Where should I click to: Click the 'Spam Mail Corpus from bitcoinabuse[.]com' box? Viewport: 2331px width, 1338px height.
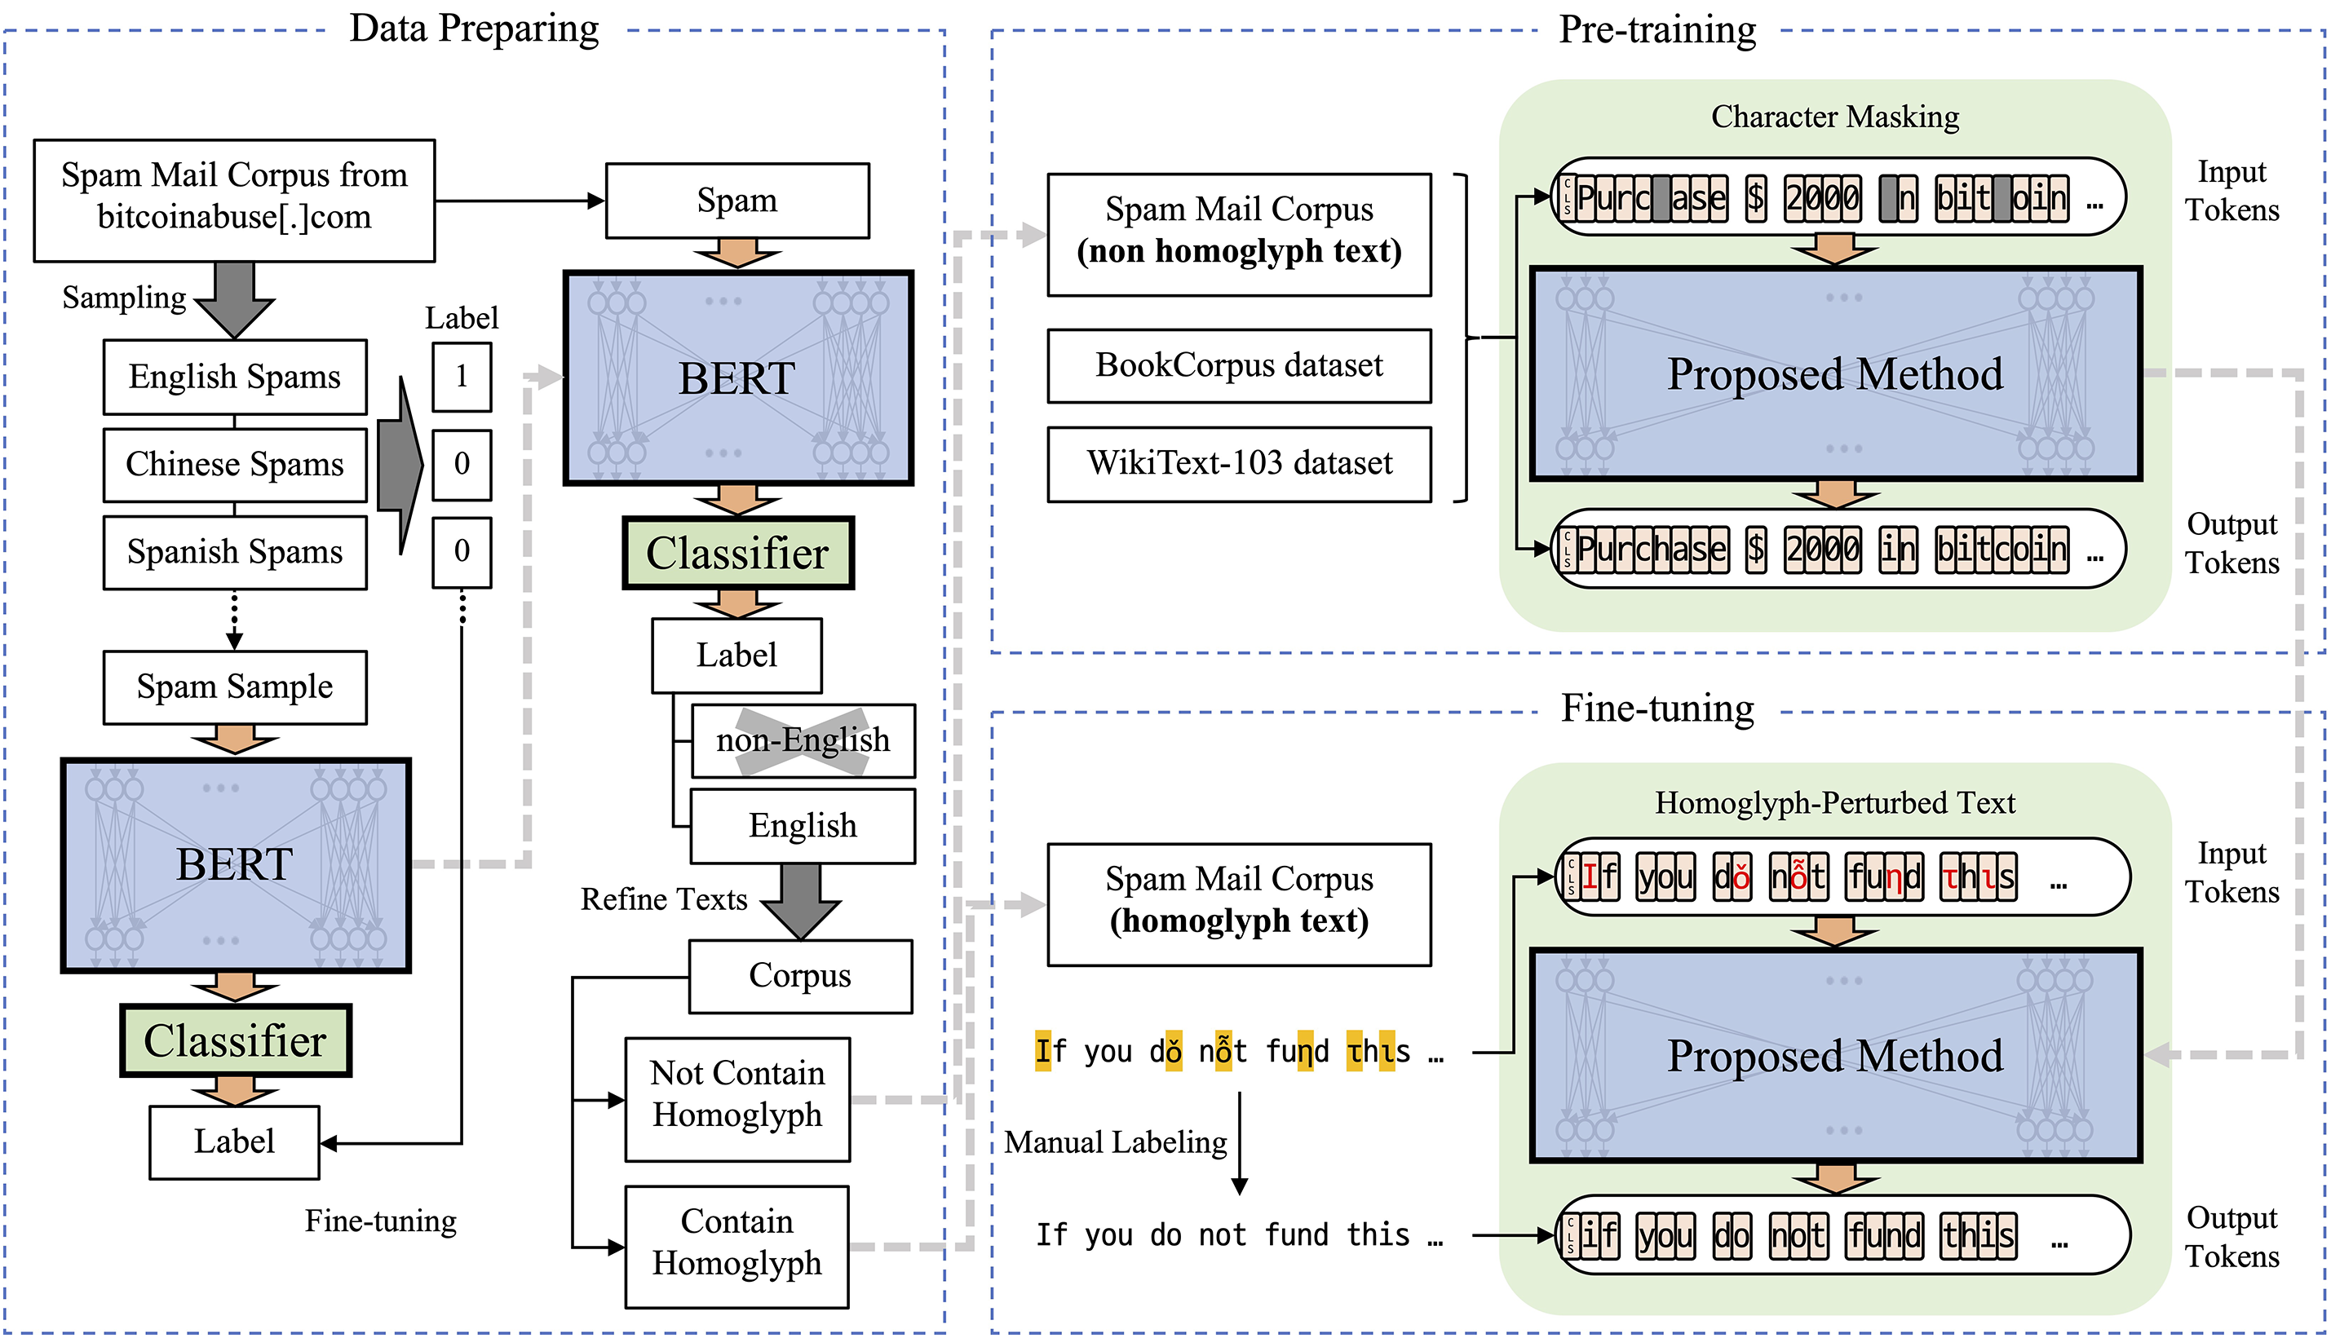point(234,201)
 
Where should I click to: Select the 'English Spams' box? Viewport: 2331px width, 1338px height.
point(234,377)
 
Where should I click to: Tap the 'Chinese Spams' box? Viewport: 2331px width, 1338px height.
point(234,464)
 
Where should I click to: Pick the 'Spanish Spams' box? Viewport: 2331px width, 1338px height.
point(234,551)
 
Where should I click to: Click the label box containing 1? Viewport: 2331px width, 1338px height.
point(462,377)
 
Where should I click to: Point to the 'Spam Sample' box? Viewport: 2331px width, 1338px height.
point(234,687)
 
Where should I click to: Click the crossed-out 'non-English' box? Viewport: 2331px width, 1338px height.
point(803,740)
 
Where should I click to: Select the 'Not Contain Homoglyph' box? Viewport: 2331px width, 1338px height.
point(737,1099)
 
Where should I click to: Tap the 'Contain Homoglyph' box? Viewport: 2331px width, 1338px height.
point(737,1246)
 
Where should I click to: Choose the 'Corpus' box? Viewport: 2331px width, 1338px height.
point(799,976)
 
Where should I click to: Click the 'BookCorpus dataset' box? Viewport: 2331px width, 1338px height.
point(1239,366)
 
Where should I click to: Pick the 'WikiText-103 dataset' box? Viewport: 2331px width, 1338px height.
point(1239,464)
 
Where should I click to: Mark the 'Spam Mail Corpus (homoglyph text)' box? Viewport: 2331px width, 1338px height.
point(1239,904)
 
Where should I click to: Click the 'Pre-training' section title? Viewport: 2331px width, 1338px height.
point(1657,29)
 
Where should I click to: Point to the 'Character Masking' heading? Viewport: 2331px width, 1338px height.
point(1834,117)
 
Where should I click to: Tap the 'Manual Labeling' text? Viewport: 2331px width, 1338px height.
point(1115,1142)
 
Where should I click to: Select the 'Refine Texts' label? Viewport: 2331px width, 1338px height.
point(664,899)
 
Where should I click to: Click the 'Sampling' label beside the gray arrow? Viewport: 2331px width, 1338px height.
point(124,298)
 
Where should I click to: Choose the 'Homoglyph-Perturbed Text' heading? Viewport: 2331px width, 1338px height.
point(1834,803)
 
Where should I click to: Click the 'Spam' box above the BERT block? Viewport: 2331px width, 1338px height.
point(737,201)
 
